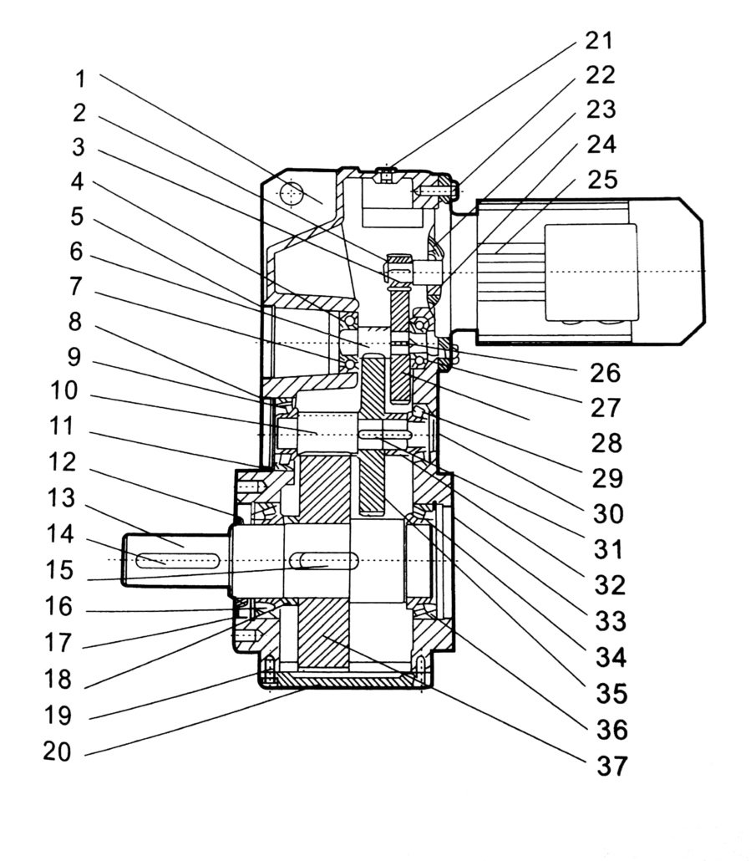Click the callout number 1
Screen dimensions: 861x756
(x=79, y=79)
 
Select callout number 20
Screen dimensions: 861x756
(x=59, y=751)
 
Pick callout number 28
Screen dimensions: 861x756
(x=602, y=443)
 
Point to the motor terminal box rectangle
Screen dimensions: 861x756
(x=590, y=272)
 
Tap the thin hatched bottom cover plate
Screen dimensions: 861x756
(x=351, y=682)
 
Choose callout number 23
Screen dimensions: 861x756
(x=601, y=110)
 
